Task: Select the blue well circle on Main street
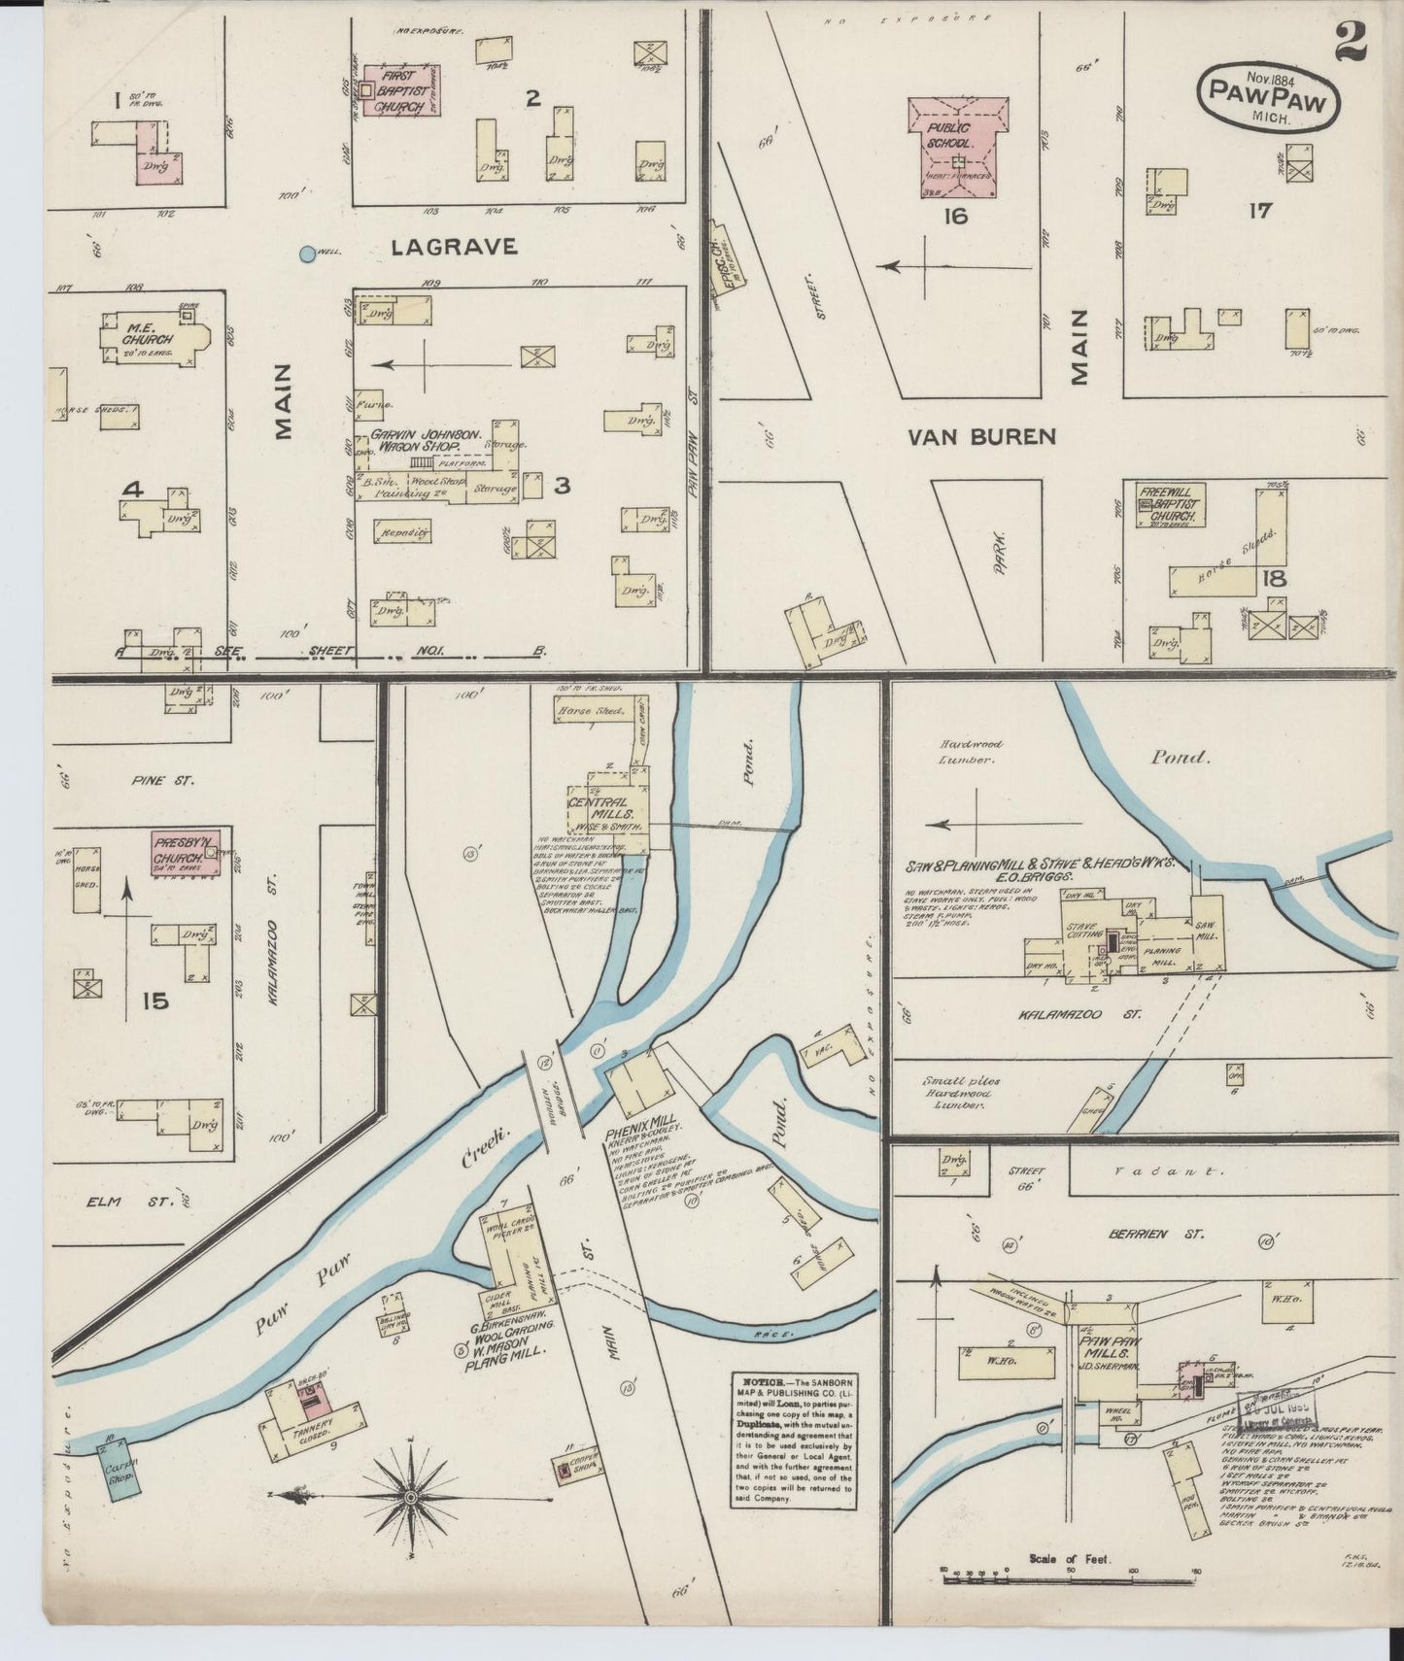pos(308,254)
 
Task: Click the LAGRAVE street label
pos(454,248)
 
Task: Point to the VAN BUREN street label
pos(981,437)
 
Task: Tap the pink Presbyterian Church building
pos(185,853)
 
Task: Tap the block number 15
pos(154,1000)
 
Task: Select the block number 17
pos(1260,210)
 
